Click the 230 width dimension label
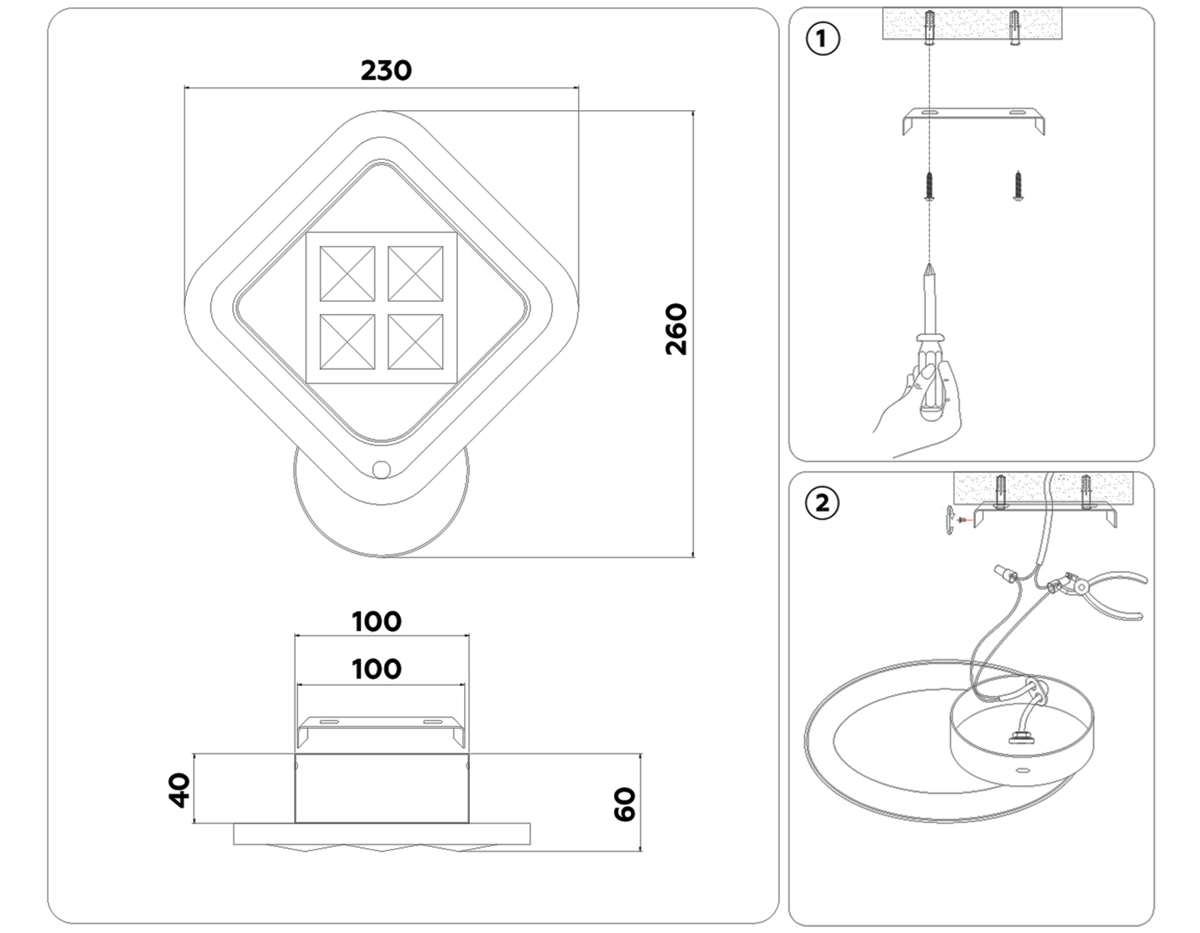[x=386, y=71]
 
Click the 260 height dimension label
[x=676, y=329]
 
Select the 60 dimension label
[x=624, y=804]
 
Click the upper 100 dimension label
[x=377, y=622]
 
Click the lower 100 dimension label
[x=377, y=669]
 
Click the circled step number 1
[x=823, y=39]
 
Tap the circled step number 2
[x=823, y=503]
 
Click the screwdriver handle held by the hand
[x=930, y=380]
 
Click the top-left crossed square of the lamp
[x=347, y=274]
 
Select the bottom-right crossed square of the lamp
[x=415, y=342]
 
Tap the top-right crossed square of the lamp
[x=415, y=274]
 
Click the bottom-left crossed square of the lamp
[x=347, y=342]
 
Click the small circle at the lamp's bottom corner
[x=381, y=470]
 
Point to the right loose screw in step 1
[x=1018, y=185]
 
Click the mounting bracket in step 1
[x=973, y=120]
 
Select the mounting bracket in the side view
[x=381, y=730]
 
